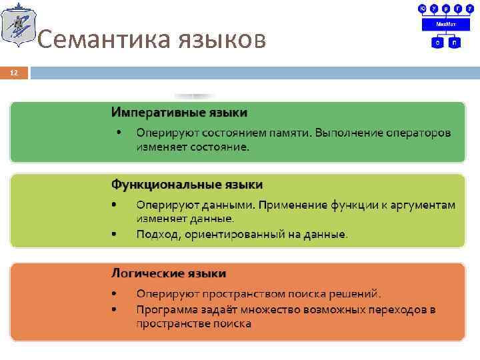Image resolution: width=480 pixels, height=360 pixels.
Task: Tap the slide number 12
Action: tap(14, 72)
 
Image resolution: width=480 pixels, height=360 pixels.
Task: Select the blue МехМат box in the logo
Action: tap(446, 24)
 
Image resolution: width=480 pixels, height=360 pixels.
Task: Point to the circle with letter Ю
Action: tap(422, 8)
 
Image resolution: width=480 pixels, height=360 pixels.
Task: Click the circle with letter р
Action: tap(446, 8)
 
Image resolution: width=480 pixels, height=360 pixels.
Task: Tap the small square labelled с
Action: tap(438, 42)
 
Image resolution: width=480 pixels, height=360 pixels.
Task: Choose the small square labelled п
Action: tap(455, 42)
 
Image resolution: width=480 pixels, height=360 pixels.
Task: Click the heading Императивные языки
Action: tap(179, 111)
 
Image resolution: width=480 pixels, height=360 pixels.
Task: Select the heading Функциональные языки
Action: tap(187, 184)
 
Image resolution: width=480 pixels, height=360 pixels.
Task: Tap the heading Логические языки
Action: tap(168, 273)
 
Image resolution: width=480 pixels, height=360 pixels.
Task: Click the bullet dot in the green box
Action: tap(119, 132)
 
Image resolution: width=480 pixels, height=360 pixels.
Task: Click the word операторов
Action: tap(420, 133)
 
